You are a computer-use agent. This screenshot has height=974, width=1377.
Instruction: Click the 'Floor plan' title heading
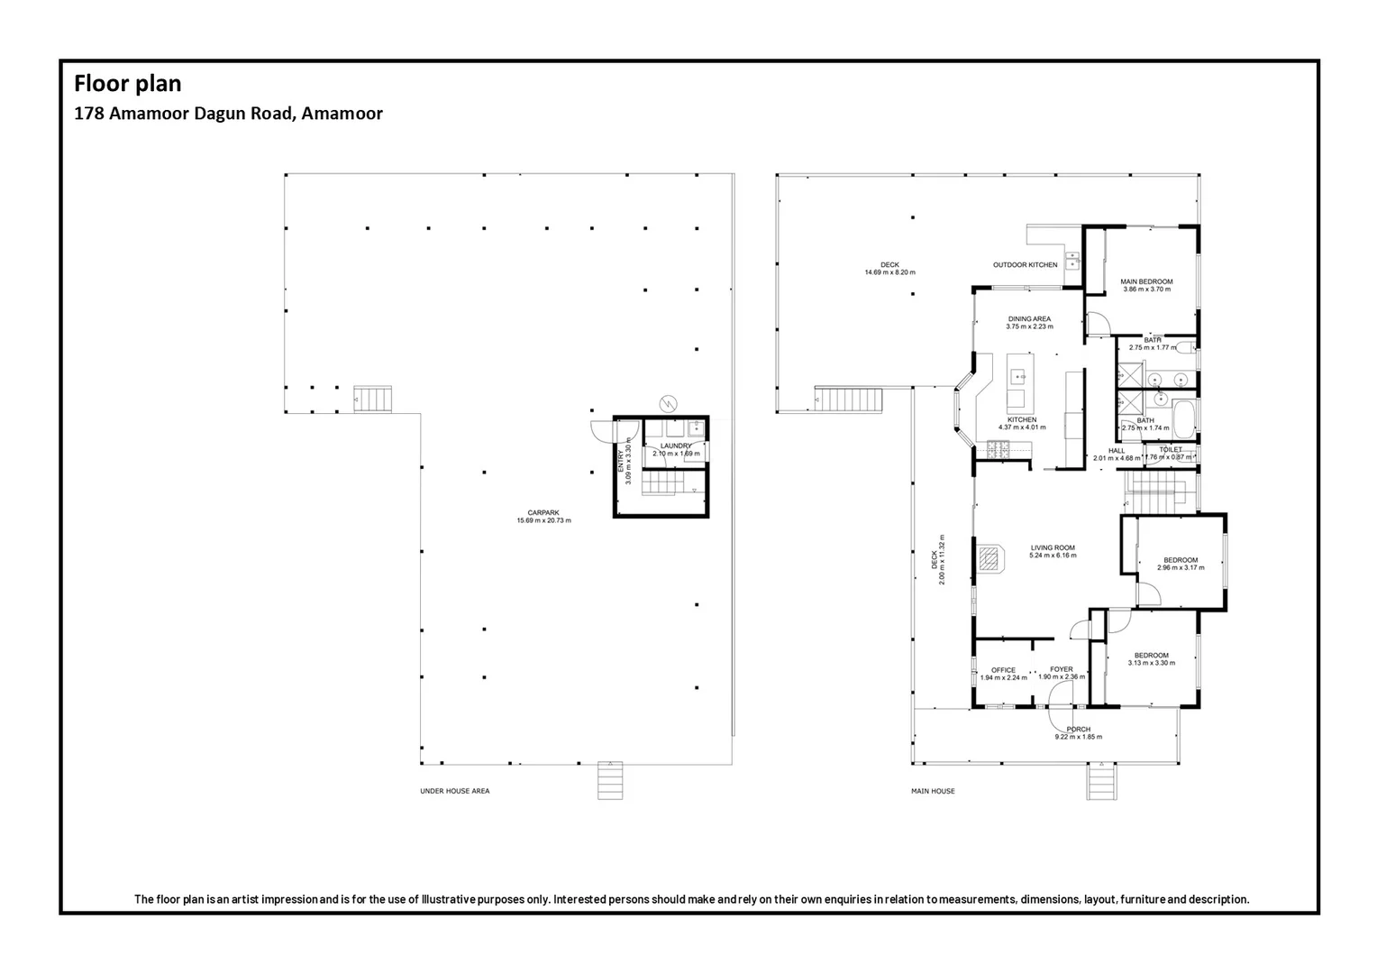[x=127, y=84]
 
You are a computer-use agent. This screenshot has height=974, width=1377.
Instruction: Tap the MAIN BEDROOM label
[x=1146, y=281]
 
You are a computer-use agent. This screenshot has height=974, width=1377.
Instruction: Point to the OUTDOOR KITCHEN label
[x=1025, y=264]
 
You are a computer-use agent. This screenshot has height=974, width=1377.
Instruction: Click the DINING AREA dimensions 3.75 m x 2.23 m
[x=1029, y=326]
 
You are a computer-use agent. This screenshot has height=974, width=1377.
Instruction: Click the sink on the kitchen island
[x=1018, y=376]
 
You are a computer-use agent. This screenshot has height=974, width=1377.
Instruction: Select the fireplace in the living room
[x=989, y=559]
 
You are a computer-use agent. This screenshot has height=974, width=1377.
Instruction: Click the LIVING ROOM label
[x=1053, y=547]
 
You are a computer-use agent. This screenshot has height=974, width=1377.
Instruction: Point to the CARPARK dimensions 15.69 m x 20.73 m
[x=543, y=520]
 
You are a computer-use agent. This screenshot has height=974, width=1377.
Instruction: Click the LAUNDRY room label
[x=676, y=446]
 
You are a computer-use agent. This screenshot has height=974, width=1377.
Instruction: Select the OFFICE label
[x=1003, y=670]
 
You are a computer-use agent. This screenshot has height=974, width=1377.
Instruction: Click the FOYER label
[x=1061, y=669]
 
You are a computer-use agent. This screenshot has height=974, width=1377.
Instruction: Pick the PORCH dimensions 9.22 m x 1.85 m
[x=1078, y=737]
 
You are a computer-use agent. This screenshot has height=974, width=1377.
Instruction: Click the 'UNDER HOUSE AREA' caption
[x=454, y=791]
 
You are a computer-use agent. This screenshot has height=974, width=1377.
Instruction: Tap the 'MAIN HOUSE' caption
[x=933, y=791]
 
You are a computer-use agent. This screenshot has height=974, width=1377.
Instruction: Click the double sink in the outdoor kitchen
[x=1072, y=261]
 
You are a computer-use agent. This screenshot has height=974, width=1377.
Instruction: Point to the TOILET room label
[x=1170, y=449]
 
